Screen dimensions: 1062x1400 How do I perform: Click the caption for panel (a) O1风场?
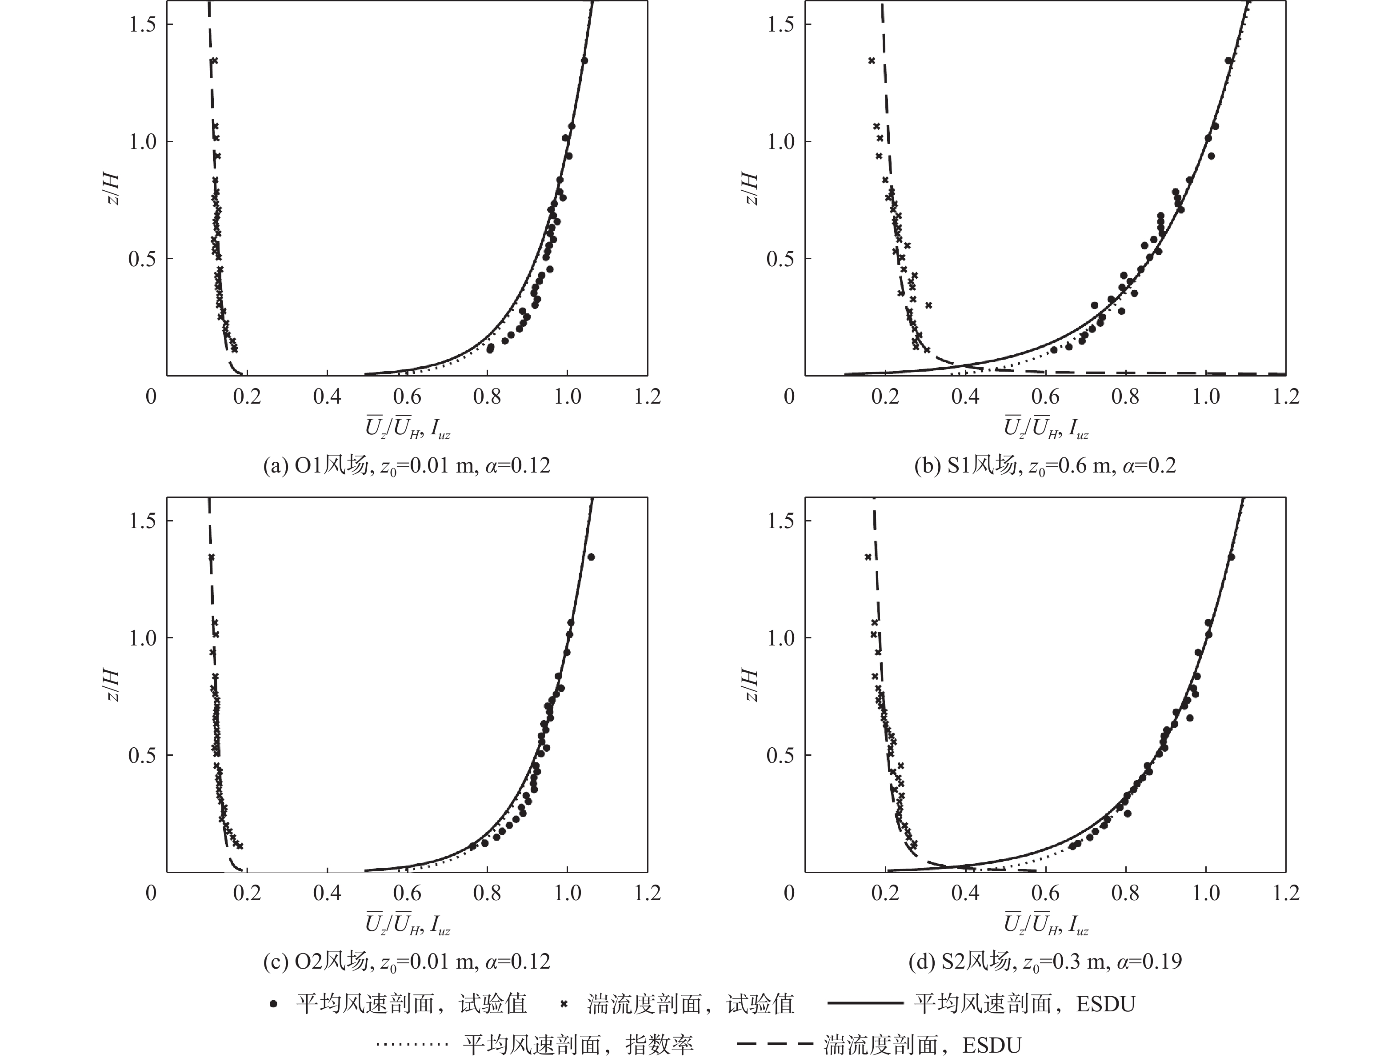(x=406, y=466)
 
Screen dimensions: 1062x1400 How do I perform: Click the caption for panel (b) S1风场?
(x=1045, y=466)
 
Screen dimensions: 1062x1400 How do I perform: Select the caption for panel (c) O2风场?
(x=406, y=962)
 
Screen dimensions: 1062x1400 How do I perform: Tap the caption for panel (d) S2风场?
(x=1045, y=962)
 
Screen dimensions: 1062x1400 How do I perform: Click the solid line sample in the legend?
(x=865, y=1003)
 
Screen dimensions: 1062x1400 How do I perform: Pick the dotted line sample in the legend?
(x=412, y=1044)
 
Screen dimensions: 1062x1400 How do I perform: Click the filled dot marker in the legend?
(x=273, y=1004)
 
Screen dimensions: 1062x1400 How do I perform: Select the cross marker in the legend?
(x=564, y=1004)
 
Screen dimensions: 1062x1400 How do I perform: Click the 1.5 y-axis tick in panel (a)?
(x=142, y=25)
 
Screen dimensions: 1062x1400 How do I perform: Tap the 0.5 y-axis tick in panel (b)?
(x=780, y=259)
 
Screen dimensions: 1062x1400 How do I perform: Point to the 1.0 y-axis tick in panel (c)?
(x=142, y=638)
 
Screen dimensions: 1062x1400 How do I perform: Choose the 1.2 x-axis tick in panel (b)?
(x=1285, y=397)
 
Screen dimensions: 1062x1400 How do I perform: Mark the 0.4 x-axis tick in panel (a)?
(x=327, y=397)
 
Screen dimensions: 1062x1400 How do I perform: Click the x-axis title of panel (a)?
(x=408, y=429)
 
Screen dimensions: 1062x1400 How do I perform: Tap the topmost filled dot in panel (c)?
(x=591, y=557)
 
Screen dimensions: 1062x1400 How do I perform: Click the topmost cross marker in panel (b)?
(x=872, y=61)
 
